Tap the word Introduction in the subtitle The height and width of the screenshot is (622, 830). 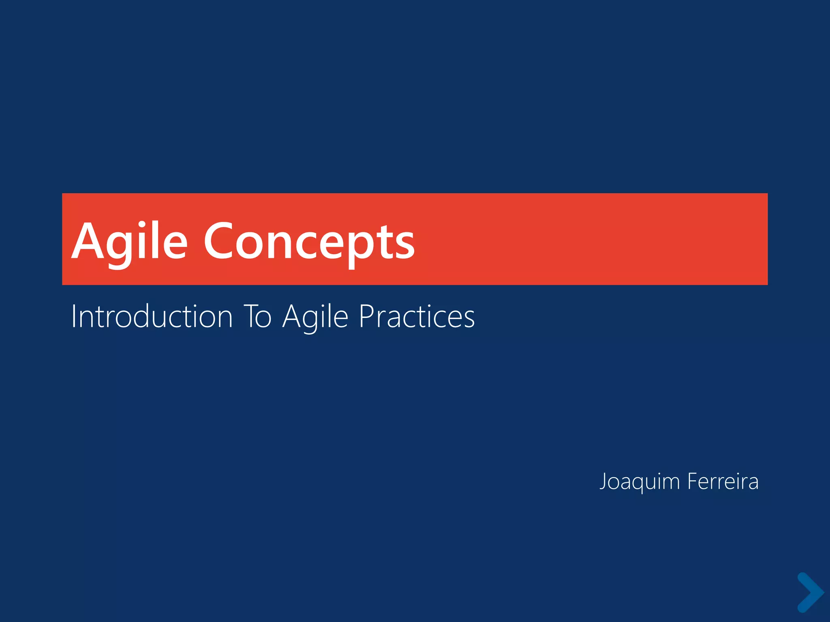pos(152,317)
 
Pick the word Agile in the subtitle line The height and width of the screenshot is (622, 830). pos(315,317)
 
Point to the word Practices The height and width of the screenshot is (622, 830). pos(417,317)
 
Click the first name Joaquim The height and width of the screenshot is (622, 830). pos(640,482)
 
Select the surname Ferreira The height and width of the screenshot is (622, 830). pos(723,482)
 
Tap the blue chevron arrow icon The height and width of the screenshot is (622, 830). pos(810,592)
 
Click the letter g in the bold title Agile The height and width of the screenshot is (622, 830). pos(118,247)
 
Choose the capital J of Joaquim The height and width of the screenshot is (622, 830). pos(603,481)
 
